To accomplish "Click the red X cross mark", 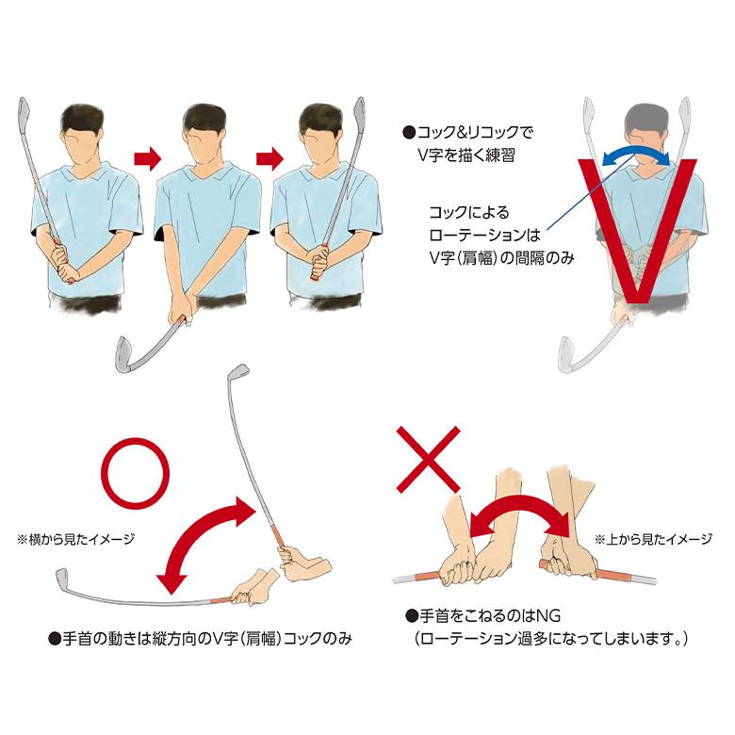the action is [429, 459].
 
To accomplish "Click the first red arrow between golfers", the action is [148, 159].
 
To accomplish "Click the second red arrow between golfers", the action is [269, 159].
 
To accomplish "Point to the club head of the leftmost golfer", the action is [24, 110].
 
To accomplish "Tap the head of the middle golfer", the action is [204, 134].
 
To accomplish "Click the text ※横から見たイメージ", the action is [75, 540].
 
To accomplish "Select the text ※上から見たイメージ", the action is [653, 540].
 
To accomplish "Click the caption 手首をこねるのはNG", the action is [482, 615].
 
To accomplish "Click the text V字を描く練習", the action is [466, 155].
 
